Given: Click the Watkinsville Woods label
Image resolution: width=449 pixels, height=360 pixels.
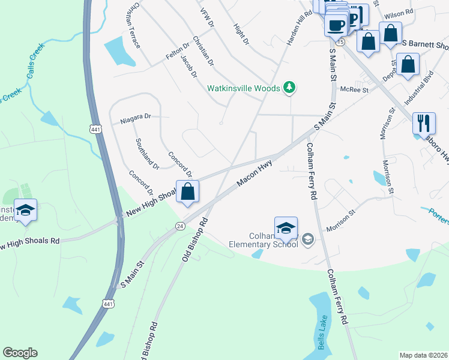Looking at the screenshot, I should [x=244, y=88].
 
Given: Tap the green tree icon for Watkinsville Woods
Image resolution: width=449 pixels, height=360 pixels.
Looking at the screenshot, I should [x=290, y=88].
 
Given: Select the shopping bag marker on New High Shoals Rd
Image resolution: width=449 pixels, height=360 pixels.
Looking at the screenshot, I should [x=187, y=192].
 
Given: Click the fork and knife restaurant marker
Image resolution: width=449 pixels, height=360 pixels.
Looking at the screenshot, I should [x=424, y=123].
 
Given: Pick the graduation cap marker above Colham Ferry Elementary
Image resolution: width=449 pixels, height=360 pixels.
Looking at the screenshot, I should [x=286, y=228].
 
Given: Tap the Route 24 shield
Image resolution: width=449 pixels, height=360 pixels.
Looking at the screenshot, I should [x=179, y=226].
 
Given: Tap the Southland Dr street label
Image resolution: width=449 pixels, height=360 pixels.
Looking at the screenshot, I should [x=146, y=153].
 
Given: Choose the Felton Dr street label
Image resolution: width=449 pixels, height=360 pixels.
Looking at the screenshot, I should [x=178, y=51].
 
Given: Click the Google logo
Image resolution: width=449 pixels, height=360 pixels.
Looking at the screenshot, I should [x=20, y=353].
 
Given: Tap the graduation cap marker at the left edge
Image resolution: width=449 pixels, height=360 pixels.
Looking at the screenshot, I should [x=25, y=210].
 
